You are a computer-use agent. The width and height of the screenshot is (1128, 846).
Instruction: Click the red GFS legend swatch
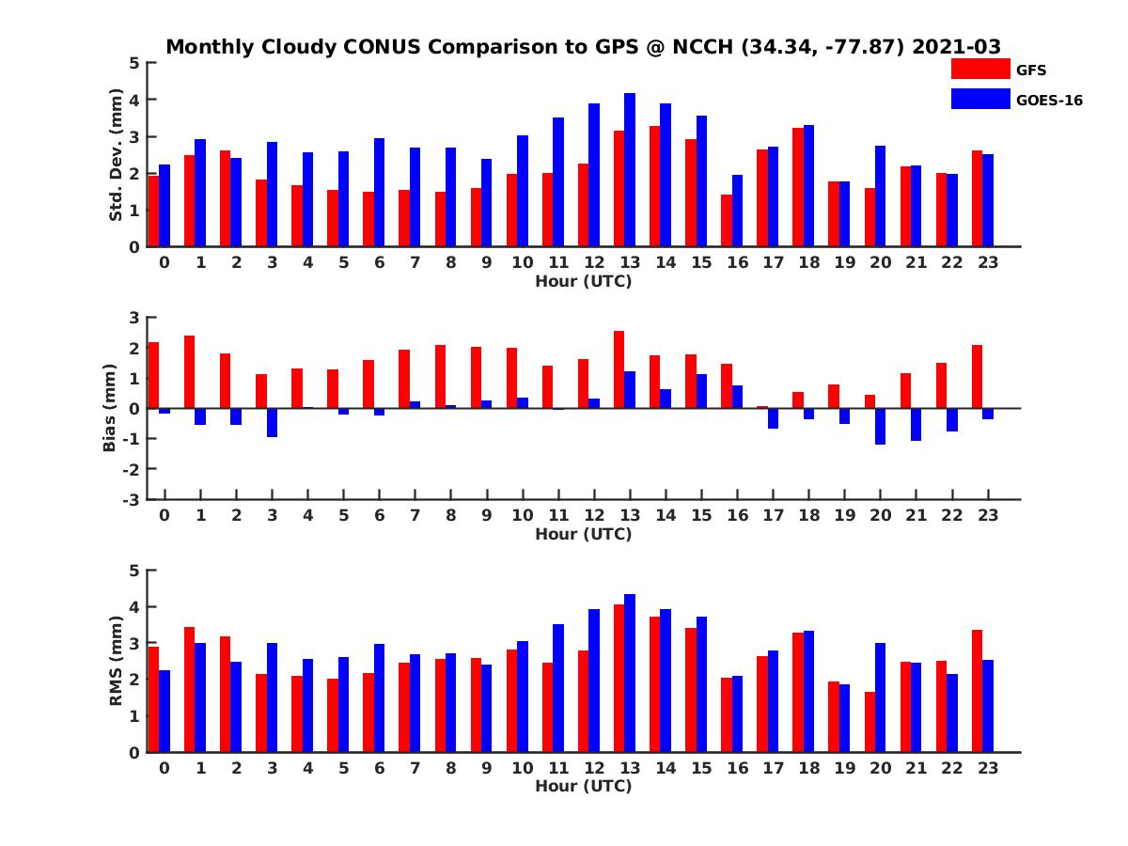[979, 69]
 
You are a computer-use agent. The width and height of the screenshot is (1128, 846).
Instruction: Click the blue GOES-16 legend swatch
[979, 99]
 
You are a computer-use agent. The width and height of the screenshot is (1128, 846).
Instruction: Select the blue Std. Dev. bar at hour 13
[630, 170]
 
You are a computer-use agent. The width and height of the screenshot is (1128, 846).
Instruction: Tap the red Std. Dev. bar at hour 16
[727, 221]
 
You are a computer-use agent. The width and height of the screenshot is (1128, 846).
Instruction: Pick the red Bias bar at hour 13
[619, 369]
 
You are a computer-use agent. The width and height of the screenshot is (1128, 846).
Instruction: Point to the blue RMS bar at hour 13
[630, 673]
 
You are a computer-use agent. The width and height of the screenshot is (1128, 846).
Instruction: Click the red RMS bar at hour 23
[977, 691]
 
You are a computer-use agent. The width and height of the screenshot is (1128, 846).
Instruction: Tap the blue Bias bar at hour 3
[272, 422]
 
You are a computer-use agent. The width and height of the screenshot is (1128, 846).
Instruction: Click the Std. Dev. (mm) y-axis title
[117, 155]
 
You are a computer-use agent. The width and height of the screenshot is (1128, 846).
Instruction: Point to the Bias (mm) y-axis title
[109, 408]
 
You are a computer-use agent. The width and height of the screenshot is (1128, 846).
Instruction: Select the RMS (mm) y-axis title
[117, 661]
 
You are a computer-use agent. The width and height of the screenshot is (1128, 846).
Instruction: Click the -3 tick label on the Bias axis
[133, 499]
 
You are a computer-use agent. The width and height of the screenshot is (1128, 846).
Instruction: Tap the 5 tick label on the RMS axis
[135, 571]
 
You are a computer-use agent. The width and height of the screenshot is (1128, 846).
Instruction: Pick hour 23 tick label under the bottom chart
[988, 768]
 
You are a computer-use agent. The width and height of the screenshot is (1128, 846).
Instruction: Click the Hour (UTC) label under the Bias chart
[583, 534]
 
